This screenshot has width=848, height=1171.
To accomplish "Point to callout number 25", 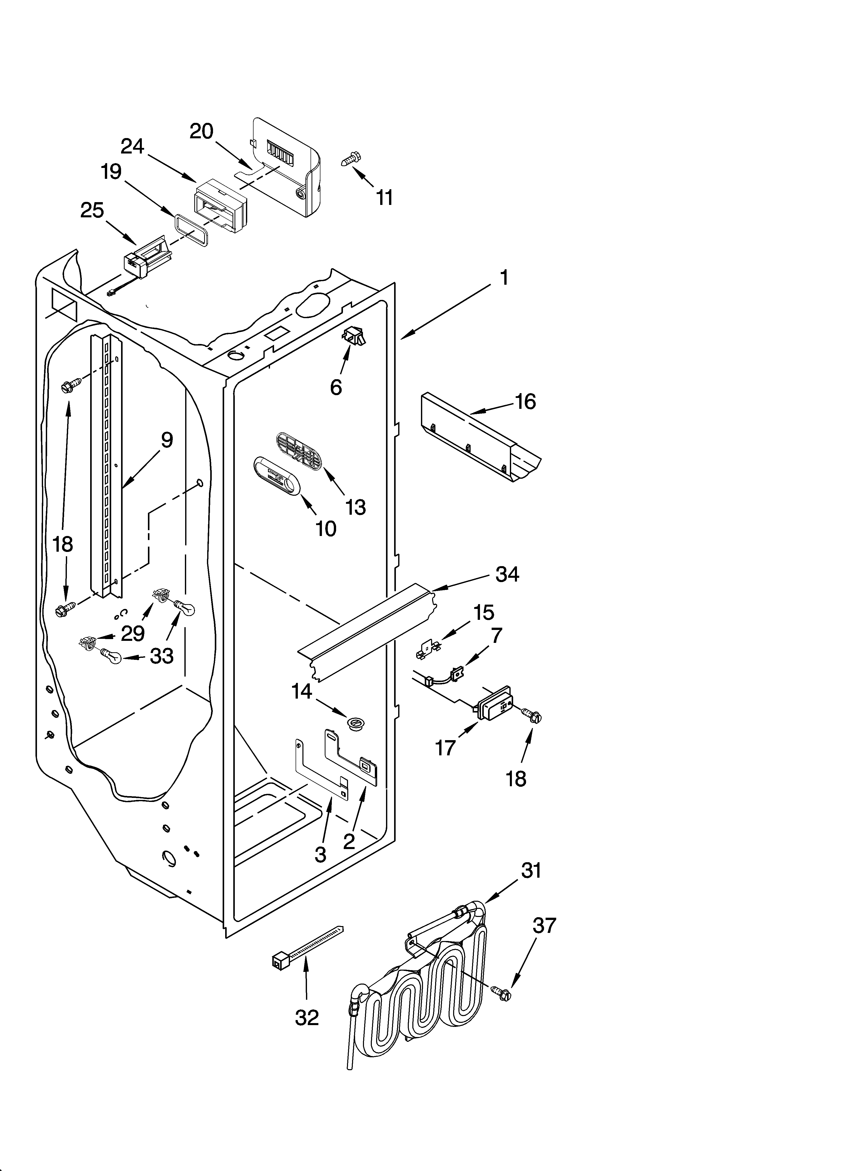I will click(92, 211).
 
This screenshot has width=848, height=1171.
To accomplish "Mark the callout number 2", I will click(349, 842).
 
